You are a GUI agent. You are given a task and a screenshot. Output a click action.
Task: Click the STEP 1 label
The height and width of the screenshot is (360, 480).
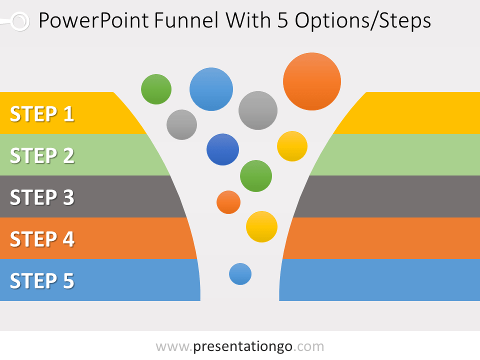(x=42, y=114)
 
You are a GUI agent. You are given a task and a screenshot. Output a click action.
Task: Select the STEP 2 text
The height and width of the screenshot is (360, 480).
(x=42, y=156)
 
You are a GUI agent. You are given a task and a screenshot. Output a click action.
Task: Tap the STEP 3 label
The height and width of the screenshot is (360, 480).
(x=42, y=197)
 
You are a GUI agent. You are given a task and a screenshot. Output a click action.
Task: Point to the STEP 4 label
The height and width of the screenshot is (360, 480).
(x=42, y=239)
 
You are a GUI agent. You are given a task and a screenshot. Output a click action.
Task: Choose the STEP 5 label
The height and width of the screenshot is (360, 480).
(x=42, y=281)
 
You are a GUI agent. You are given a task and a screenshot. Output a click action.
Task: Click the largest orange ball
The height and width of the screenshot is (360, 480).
(x=312, y=81)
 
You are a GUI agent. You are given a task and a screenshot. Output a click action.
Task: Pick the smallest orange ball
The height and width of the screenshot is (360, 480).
(x=228, y=202)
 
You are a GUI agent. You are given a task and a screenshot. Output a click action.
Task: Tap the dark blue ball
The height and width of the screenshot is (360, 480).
(x=223, y=149)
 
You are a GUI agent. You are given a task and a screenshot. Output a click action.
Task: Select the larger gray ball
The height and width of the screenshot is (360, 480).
(x=258, y=110)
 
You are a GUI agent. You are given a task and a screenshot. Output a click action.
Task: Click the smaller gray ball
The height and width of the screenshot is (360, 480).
(x=182, y=124)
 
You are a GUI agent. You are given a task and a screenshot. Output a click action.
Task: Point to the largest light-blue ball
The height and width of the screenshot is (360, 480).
(x=211, y=89)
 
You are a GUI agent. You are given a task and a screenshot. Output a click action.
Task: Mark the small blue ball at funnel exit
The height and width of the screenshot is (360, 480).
(x=240, y=274)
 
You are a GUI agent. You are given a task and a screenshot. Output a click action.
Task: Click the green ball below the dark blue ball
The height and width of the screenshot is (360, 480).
(x=256, y=176)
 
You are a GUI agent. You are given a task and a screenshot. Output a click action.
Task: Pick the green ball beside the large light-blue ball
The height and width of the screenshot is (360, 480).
(x=156, y=89)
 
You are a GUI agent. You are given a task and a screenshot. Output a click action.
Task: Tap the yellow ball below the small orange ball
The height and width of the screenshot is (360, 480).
(x=262, y=227)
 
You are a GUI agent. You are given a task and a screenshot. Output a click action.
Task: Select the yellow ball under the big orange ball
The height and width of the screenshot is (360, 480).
(x=292, y=146)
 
